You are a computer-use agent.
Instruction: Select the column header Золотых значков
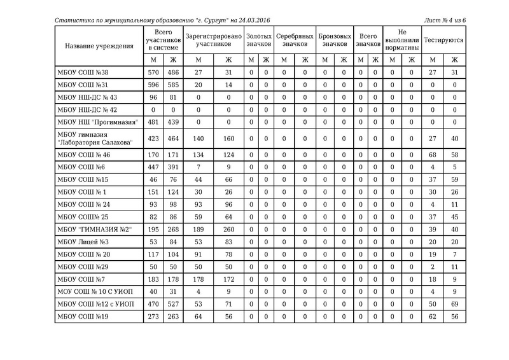258,41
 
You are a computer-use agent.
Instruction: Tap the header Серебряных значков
295,41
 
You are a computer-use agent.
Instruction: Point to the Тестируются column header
443,41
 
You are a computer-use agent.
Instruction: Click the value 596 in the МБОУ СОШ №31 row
153,85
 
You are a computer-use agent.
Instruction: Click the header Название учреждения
99,46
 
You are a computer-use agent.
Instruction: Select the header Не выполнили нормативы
402,41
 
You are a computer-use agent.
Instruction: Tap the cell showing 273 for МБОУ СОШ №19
153,316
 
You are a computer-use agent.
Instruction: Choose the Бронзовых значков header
335,41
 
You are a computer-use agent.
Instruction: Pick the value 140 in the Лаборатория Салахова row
198,139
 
